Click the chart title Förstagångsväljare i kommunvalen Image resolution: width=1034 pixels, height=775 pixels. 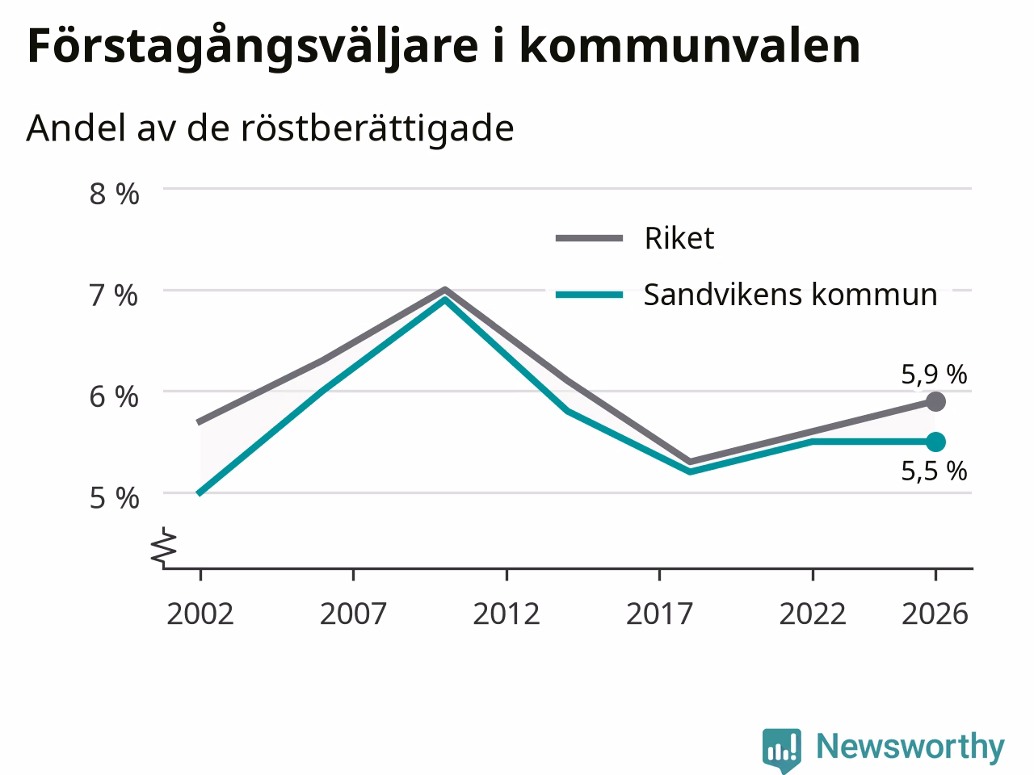pyautogui.click(x=443, y=47)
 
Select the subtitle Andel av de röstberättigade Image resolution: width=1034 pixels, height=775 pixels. pyautogui.click(x=270, y=128)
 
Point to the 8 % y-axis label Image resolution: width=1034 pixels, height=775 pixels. pyautogui.click(x=115, y=194)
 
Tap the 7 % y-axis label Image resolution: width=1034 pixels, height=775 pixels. pyautogui.click(x=114, y=295)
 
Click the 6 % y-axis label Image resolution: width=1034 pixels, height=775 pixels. pyautogui.click(x=114, y=396)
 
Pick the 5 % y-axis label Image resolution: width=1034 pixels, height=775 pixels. pyautogui.click(x=115, y=498)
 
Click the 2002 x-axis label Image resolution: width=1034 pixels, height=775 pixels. pyautogui.click(x=200, y=614)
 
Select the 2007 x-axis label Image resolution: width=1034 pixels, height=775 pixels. pyautogui.click(x=353, y=614)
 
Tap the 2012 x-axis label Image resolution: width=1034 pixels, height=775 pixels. pyautogui.click(x=506, y=614)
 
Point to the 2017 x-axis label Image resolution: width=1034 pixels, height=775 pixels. pyautogui.click(x=659, y=614)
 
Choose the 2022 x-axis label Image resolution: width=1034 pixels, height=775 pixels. pyautogui.click(x=813, y=614)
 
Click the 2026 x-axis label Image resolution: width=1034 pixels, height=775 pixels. pyautogui.click(x=935, y=614)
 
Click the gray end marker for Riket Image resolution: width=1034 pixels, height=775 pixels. pyautogui.click(x=936, y=401)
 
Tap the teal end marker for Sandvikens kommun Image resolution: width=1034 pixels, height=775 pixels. pyautogui.click(x=936, y=442)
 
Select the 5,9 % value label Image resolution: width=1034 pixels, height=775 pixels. pyautogui.click(x=934, y=375)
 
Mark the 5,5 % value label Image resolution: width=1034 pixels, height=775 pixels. pyautogui.click(x=934, y=471)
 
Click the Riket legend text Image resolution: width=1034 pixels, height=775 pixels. pyautogui.click(x=679, y=238)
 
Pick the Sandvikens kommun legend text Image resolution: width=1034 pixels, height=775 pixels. pyautogui.click(x=791, y=295)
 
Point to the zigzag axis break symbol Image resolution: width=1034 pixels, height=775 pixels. pyautogui.click(x=163, y=546)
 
